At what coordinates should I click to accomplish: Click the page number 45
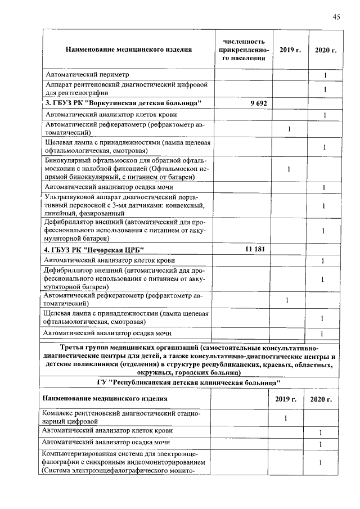click(x=336, y=16)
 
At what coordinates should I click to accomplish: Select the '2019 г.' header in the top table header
click(x=290, y=50)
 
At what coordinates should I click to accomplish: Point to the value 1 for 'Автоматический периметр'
click(x=325, y=75)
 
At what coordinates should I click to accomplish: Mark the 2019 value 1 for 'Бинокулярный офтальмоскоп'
click(x=289, y=169)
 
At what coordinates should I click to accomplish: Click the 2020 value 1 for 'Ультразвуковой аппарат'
click(x=325, y=206)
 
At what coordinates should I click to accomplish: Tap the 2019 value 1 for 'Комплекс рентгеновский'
click(x=286, y=417)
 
